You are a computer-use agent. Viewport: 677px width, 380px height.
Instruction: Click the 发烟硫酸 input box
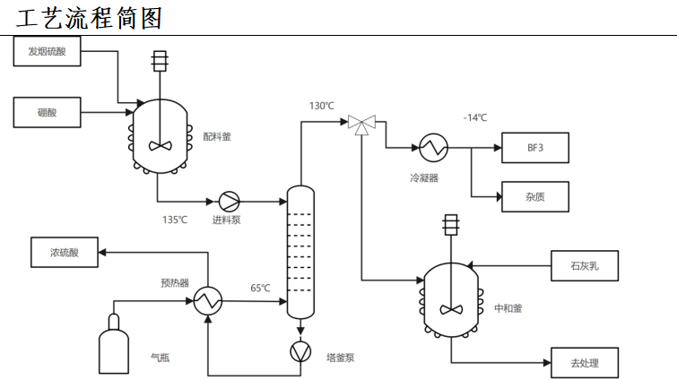click(x=47, y=51)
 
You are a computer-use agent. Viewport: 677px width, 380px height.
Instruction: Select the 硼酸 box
click(x=47, y=113)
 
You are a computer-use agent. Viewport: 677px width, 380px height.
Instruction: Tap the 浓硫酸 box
click(x=65, y=253)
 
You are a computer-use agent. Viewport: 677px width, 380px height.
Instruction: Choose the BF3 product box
click(x=535, y=148)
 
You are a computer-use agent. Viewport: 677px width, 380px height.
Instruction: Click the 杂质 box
click(x=535, y=197)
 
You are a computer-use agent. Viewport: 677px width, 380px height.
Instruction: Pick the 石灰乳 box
click(x=585, y=265)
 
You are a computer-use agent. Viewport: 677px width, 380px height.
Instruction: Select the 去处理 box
click(x=585, y=363)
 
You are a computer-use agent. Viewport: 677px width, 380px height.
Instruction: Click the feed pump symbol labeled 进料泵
click(x=229, y=202)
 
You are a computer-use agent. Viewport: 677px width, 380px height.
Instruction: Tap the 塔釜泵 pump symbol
click(x=300, y=351)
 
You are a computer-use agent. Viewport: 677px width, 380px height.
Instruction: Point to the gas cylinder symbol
click(x=114, y=344)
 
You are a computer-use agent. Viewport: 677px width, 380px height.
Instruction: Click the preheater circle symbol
click(x=208, y=301)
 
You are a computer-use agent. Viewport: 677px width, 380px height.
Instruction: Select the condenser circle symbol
click(x=433, y=148)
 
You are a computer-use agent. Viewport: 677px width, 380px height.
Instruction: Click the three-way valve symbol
click(x=362, y=125)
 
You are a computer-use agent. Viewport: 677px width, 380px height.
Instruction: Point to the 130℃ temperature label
click(x=322, y=106)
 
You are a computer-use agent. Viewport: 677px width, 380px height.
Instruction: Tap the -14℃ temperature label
click(x=475, y=117)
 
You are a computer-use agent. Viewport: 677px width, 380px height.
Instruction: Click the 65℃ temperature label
click(x=260, y=288)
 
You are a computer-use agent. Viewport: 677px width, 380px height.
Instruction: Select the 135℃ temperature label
click(x=175, y=220)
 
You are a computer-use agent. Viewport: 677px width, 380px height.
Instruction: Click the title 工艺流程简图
click(x=89, y=18)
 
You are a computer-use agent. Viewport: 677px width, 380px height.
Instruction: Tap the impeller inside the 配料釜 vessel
click(x=161, y=146)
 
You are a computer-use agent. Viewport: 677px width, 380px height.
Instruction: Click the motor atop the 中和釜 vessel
click(x=451, y=225)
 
